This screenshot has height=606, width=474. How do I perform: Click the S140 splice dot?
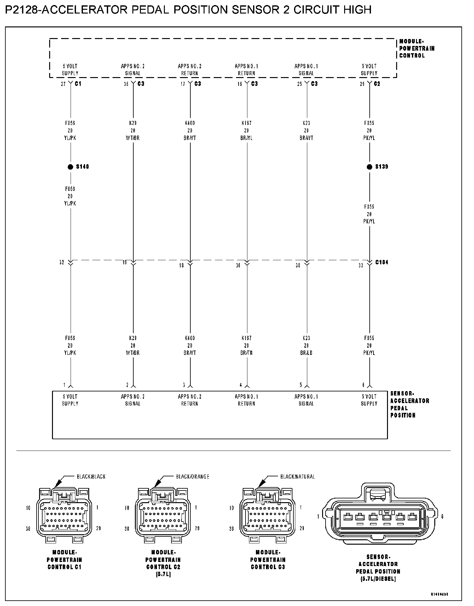click(70, 167)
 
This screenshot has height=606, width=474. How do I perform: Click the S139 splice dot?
click(369, 167)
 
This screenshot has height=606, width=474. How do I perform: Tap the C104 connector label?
click(382, 262)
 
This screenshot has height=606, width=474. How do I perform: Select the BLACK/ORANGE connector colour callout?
click(193, 476)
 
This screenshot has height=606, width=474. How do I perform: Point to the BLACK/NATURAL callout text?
click(298, 476)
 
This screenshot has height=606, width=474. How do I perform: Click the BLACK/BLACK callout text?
click(91, 476)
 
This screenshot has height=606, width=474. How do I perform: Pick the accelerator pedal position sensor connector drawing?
click(380, 517)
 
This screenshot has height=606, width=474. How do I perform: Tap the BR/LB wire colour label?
click(306, 353)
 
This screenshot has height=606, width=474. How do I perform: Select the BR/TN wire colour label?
click(246, 353)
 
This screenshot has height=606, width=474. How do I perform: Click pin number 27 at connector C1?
click(63, 84)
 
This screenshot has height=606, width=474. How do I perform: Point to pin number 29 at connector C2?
click(362, 84)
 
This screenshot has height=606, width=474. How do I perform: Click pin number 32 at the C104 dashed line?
click(62, 262)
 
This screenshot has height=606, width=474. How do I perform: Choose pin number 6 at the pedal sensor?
click(363, 385)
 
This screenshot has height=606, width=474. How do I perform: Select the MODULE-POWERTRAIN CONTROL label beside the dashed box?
click(417, 48)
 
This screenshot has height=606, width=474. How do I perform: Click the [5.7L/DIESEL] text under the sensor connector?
click(378, 579)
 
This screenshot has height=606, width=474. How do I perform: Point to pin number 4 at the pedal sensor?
click(241, 385)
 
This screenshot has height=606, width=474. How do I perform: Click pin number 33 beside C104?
click(361, 265)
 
